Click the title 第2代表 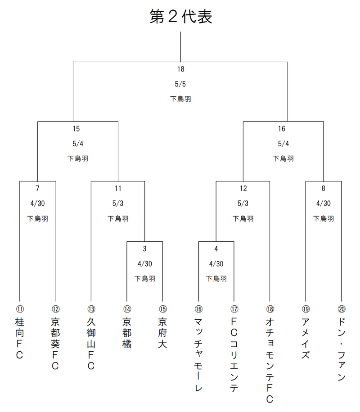180,16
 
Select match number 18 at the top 180,69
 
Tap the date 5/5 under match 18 180,84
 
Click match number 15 76,129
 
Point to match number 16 282,129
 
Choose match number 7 37,188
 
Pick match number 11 118,188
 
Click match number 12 243,188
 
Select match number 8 324,188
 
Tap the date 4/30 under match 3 145,264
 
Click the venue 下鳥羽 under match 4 216,279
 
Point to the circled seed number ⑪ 20,309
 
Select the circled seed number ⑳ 342,309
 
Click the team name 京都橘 127,333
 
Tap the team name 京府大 162,333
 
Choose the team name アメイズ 306,339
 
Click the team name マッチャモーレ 198,355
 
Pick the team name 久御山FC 91,344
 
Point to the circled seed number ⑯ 198,309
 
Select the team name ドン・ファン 342,349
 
